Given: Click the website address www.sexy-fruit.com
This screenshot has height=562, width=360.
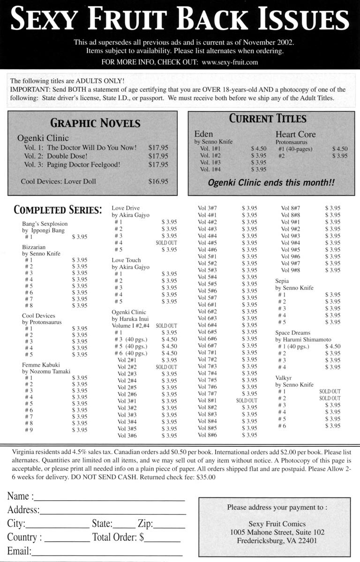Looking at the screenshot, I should pos(230,62).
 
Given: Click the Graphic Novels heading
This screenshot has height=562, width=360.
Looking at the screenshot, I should pos(95,123).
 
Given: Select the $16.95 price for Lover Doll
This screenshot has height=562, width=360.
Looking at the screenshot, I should pos(158,181).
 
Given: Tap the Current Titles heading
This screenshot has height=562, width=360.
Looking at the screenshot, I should pos(267,118).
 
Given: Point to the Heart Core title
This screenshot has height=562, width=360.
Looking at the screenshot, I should pos(295,134).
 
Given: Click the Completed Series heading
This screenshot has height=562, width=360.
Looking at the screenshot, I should pos(57,210).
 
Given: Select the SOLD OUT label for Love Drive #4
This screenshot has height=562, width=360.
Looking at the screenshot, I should pos(166,243).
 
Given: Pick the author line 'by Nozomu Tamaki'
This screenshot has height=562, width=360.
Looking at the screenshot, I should pos(46,371).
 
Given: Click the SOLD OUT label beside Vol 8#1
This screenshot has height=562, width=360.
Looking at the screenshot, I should pos(247,400).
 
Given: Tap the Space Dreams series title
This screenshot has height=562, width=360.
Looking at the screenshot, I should pos(292,333).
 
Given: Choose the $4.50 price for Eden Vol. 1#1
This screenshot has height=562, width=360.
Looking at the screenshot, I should pos(258,149).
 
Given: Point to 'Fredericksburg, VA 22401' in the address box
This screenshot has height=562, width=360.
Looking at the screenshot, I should pos(277,540).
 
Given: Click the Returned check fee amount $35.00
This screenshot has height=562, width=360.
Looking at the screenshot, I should pos(204,478).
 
